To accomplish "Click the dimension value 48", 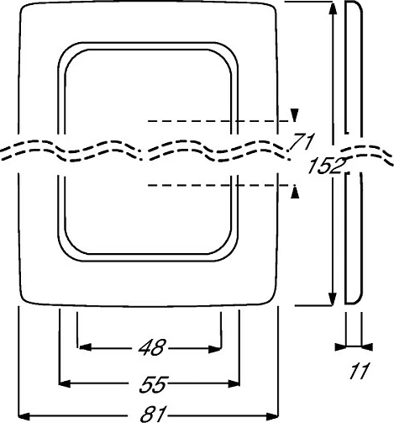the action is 152,347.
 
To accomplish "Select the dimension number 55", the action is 154,384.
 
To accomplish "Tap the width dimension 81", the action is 154,415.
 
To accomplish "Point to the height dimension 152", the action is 327,166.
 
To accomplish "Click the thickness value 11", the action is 360,371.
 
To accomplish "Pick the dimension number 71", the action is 302,141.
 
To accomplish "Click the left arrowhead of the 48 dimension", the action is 85,348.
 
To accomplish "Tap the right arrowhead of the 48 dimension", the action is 215,349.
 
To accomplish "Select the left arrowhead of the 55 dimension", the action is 65,383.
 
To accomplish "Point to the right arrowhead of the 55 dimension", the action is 234,383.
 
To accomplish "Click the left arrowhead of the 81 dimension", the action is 24,415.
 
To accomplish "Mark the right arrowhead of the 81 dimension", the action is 272,416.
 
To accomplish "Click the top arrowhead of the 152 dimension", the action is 333,8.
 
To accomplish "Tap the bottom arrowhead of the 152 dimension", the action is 332,299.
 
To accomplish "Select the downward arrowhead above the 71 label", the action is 294,115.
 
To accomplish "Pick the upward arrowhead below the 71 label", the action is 295,192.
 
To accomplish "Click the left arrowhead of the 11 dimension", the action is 340,347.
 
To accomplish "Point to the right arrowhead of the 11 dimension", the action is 367,347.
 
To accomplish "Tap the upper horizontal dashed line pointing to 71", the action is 218,121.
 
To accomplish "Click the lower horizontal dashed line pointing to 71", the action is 218,185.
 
